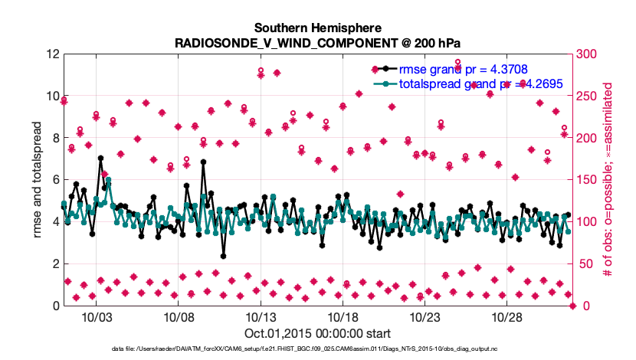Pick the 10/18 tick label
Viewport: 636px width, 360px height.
point(343,316)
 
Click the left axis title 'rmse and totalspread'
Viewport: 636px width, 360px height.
point(37,180)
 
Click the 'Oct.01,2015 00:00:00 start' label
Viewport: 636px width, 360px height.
point(317,333)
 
